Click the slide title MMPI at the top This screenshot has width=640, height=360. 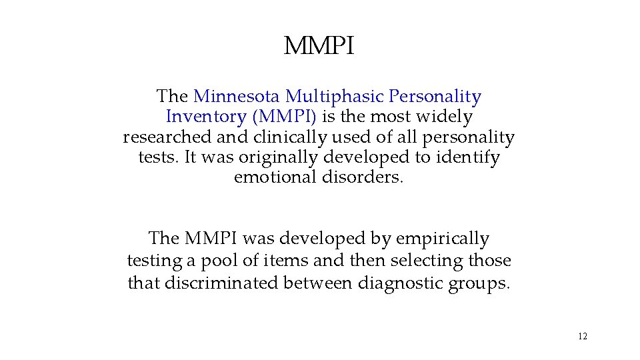[319, 47]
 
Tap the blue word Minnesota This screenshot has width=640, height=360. [237, 97]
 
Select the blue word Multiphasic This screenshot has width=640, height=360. [325, 97]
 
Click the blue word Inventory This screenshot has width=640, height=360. [206, 117]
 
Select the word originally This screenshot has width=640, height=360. [281, 159]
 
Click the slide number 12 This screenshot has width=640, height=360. [583, 336]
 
